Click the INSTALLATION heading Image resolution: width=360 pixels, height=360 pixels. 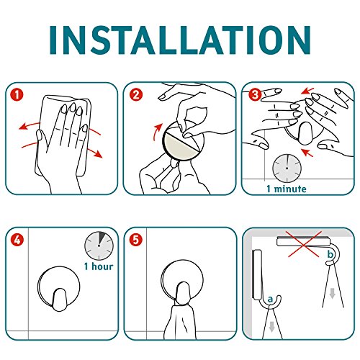click(x=180, y=40)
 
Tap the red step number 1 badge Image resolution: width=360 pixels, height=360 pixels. click(x=17, y=94)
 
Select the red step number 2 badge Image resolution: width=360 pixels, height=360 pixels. click(x=136, y=95)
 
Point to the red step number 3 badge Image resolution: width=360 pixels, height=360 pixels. click(x=255, y=94)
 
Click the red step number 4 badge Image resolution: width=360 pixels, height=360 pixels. click(x=17, y=240)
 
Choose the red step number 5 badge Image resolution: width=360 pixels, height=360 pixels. click(x=136, y=240)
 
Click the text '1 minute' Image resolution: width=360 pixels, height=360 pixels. click(x=287, y=189)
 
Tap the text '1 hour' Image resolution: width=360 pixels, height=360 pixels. click(x=99, y=266)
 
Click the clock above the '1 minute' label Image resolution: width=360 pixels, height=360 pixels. click(x=287, y=168)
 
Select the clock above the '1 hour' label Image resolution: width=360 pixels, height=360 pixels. click(x=99, y=246)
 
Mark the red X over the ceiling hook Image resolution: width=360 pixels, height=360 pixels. click(x=305, y=244)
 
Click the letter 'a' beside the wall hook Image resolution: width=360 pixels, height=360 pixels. click(x=270, y=299)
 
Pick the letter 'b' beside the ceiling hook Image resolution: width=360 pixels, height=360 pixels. click(x=330, y=254)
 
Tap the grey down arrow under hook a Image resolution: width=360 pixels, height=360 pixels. click(x=271, y=327)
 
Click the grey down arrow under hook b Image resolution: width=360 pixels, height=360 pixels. click(x=332, y=293)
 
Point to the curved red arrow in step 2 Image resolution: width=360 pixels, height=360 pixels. click(x=156, y=132)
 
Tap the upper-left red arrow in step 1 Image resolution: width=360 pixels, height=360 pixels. click(x=30, y=126)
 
